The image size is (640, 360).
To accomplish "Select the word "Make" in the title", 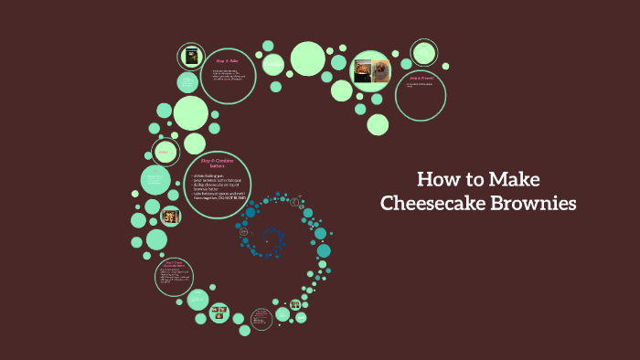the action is [514, 178].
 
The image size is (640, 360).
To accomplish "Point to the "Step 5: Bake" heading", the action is [227, 60].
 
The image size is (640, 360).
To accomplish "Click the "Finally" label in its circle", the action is [272, 65].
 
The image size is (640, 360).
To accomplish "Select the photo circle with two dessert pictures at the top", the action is [371, 69].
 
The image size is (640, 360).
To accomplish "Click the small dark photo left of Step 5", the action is [191, 58].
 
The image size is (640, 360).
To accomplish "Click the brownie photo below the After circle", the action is [169, 217].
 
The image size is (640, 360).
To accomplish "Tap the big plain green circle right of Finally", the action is [308, 58].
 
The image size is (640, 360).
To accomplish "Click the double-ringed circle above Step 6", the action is [423, 52].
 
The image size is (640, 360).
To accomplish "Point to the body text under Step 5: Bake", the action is [228, 75].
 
